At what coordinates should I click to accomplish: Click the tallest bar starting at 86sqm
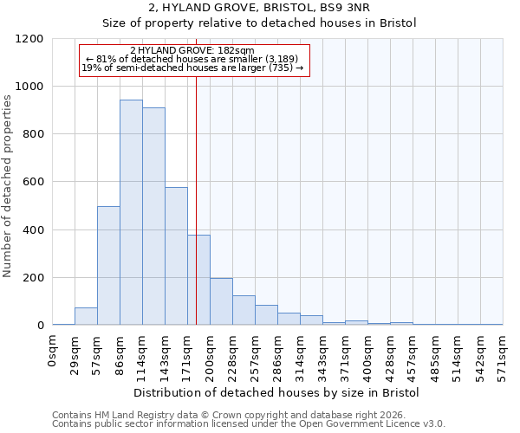click(x=131, y=212)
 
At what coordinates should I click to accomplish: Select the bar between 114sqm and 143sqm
click(x=153, y=216)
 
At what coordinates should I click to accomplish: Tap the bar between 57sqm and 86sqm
click(x=108, y=265)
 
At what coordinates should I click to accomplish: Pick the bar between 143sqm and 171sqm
click(x=176, y=256)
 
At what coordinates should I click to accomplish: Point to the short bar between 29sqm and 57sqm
click(x=86, y=316)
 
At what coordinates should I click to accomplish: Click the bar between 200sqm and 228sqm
click(x=221, y=301)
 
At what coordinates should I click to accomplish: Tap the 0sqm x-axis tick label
click(x=53, y=350)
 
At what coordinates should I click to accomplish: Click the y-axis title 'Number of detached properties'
click(x=9, y=183)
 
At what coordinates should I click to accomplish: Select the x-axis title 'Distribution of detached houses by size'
click(x=276, y=392)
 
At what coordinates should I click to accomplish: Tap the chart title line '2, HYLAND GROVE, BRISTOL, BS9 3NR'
click(x=259, y=8)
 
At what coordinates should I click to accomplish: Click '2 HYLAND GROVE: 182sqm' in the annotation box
click(x=192, y=50)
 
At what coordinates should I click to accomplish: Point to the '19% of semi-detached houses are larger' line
click(x=192, y=68)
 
